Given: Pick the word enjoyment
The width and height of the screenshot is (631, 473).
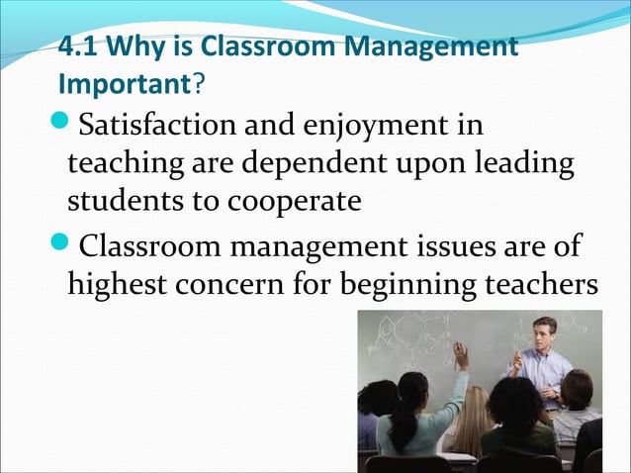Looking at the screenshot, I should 395,128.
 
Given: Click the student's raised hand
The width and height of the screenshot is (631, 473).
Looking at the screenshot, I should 460,353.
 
